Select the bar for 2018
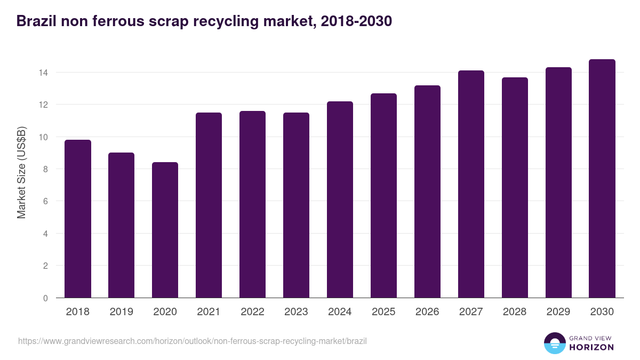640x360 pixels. tap(78, 219)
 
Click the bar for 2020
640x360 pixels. tap(165, 230)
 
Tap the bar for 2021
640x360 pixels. tap(209, 205)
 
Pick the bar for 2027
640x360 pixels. tap(471, 184)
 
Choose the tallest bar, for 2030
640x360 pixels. tap(602, 179)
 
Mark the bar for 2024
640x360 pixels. tap(340, 199)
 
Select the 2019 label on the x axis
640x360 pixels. tap(121, 312)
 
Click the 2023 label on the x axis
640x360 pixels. tap(296, 312)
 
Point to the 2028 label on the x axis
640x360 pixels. tap(515, 312)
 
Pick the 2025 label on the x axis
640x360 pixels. tap(383, 312)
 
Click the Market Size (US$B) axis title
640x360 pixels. tap(22, 172)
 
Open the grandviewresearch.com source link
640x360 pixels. tap(193, 341)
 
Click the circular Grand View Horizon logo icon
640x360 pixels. tap(554, 343)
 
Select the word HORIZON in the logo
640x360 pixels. tap(591, 347)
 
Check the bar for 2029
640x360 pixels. tap(558, 182)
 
